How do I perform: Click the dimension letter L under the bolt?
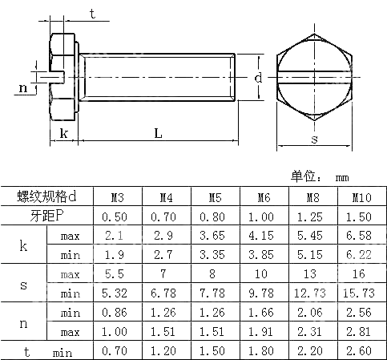pyautogui.click(x=158, y=134)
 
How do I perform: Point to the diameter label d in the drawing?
pyautogui.click(x=258, y=78)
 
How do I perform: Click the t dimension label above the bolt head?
pyautogui.click(x=92, y=14)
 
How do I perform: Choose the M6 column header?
pyautogui.click(x=264, y=197)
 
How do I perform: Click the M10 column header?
pyautogui.click(x=361, y=197)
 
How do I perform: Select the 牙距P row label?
pyautogui.click(x=47, y=216)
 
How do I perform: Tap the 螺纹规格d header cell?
pyautogui.click(x=47, y=197)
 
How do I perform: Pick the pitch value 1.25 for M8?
pyautogui.click(x=312, y=216)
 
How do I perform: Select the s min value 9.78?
pyautogui.click(x=264, y=293)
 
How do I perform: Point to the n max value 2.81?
pyautogui.click(x=361, y=331)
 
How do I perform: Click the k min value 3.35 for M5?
pyautogui.click(x=215, y=254)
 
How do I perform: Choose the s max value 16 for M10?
pyautogui.click(x=361, y=273)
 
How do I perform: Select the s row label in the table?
pyautogui.click(x=23, y=283)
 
